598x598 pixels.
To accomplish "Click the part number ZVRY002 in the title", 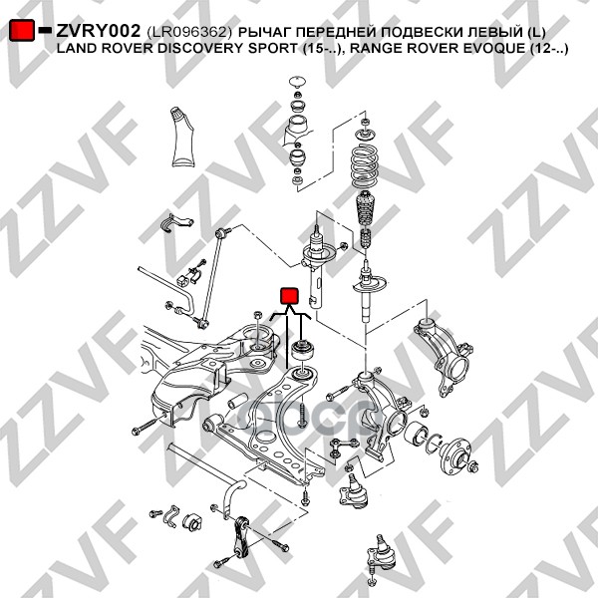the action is click(x=99, y=31).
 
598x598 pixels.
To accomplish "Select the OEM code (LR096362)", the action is click(x=189, y=32).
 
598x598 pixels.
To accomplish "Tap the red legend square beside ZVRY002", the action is click(x=22, y=30).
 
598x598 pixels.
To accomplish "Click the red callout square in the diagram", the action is click(x=289, y=296).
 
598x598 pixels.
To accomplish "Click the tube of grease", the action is click(x=183, y=137).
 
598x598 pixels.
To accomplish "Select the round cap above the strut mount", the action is click(x=297, y=82).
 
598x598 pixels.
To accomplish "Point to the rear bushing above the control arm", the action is click(x=303, y=351).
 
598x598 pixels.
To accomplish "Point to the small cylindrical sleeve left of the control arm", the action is click(x=235, y=403).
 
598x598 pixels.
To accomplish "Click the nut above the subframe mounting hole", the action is click(x=257, y=315).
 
